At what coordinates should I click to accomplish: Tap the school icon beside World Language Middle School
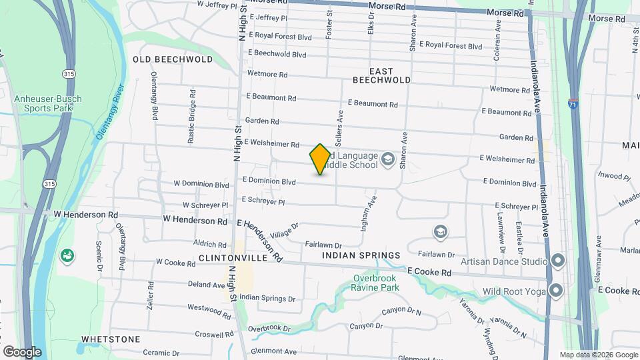pyautogui.click(x=388, y=160)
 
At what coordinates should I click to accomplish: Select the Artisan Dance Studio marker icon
pyautogui.click(x=557, y=260)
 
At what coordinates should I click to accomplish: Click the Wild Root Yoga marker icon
pyautogui.click(x=557, y=291)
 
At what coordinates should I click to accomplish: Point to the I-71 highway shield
pyautogui.click(x=573, y=104)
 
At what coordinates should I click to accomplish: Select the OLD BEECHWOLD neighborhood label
pyautogui.click(x=163, y=59)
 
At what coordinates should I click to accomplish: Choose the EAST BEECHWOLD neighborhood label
pyautogui.click(x=381, y=75)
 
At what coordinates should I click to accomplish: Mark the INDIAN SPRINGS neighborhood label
pyautogui.click(x=361, y=255)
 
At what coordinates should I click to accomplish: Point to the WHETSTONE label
pyautogui.click(x=111, y=339)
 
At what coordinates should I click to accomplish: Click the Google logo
pyautogui.click(x=22, y=351)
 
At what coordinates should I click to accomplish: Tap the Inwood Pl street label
pyautogui.click(x=614, y=177)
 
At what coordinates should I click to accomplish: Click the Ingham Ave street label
pyautogui.click(x=369, y=213)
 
